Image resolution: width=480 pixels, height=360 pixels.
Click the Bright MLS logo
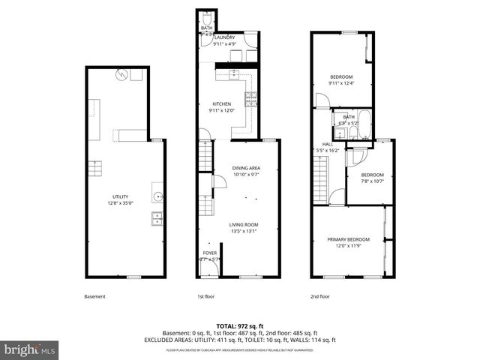[x=30, y=349]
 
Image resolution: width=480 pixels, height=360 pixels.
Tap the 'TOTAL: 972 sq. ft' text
[x=240, y=325]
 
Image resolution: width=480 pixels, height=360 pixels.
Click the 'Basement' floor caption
[x=94, y=296]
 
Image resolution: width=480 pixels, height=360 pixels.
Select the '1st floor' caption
[x=207, y=296]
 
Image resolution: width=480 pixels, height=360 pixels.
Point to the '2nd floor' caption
[x=320, y=296]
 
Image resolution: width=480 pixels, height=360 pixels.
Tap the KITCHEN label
[x=221, y=104]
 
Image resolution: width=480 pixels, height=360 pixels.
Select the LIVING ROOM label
[x=244, y=224]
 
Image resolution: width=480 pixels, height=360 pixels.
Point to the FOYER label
[x=209, y=253]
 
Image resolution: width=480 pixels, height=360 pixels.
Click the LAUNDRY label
[x=226, y=37]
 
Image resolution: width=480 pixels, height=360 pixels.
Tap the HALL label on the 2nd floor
[x=328, y=144]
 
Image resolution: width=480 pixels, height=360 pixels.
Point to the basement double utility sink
[x=158, y=218]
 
